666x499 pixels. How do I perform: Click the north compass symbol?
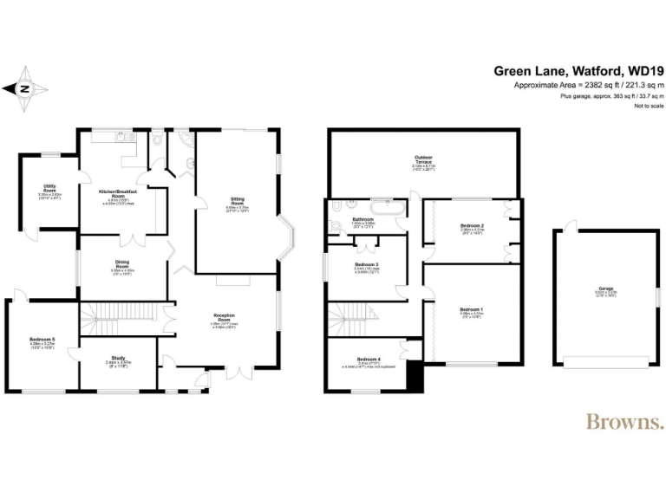[25, 87]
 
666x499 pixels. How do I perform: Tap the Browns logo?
[624, 422]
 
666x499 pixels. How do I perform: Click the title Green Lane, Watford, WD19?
[578, 70]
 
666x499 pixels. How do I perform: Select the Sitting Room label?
[237, 201]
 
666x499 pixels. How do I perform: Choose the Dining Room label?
[122, 264]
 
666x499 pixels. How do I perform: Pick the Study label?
[118, 356]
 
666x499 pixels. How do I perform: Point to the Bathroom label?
[362, 220]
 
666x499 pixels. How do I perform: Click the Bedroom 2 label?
[472, 226]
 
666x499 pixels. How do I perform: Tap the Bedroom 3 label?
[367, 264]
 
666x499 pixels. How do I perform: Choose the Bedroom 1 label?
[472, 309]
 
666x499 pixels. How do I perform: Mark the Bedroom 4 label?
[368, 359]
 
